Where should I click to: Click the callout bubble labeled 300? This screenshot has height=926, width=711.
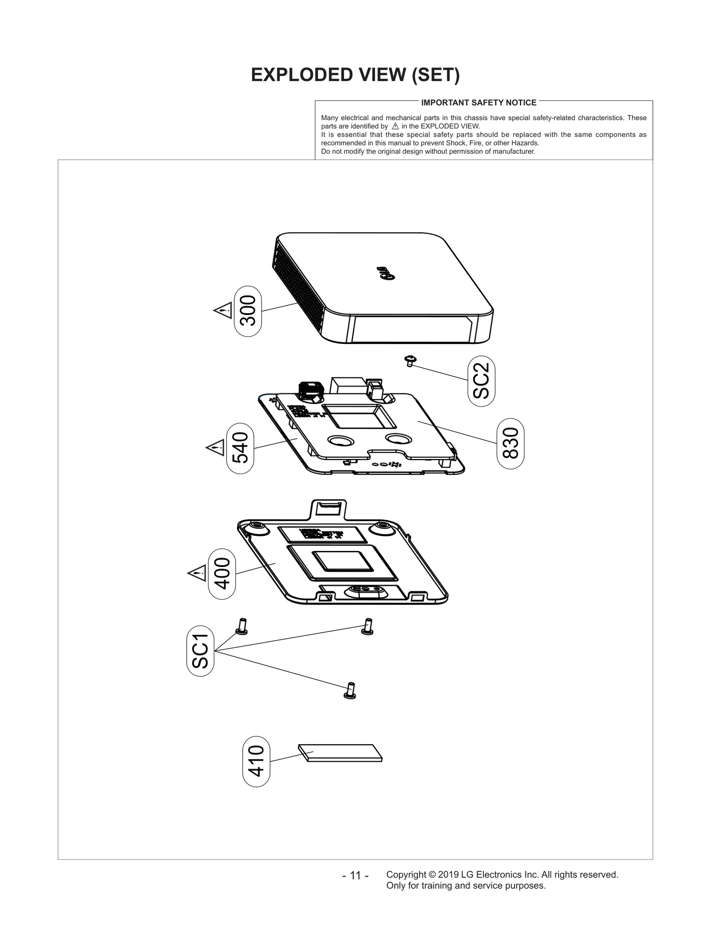pos(248,311)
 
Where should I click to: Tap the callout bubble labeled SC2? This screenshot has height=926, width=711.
pos(481,381)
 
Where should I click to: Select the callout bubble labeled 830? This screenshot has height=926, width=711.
pos(510,443)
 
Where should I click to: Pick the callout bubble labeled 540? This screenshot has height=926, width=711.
pos(240,448)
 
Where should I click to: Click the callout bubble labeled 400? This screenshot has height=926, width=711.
pos(222,574)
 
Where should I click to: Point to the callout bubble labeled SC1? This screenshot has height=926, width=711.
pos(200,651)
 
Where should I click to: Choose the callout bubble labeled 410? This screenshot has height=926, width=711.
pos(256,762)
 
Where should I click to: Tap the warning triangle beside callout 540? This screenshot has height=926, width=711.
pos(216,447)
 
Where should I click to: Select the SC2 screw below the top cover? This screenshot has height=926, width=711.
pos(410,360)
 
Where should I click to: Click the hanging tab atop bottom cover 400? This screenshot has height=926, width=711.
pos(328,509)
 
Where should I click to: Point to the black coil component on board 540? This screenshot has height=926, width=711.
pos(309,391)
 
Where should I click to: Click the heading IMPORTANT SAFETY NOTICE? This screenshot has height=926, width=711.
pos(479,103)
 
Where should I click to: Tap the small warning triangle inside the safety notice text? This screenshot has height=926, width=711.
pos(395,126)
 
